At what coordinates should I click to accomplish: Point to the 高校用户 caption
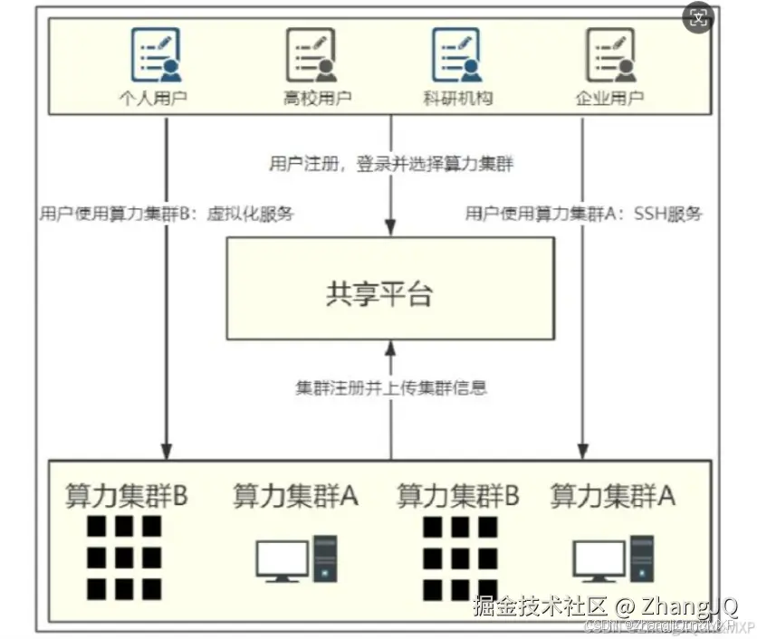pos(311,98)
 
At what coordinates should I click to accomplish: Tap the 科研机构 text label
pos(457,98)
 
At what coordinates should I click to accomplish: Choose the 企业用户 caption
pos(610,98)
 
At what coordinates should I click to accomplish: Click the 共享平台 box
pos(390,289)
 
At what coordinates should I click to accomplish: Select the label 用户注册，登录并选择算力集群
pos(391,164)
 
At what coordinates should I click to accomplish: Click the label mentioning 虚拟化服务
pos(168,215)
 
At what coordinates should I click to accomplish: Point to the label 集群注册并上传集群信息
pos(391,387)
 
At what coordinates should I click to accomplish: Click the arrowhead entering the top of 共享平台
pos(390,229)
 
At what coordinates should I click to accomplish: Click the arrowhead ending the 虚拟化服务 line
pos(167,450)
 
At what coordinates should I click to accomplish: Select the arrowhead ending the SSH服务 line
pos(582,450)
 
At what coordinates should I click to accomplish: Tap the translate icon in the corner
pos(699,17)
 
